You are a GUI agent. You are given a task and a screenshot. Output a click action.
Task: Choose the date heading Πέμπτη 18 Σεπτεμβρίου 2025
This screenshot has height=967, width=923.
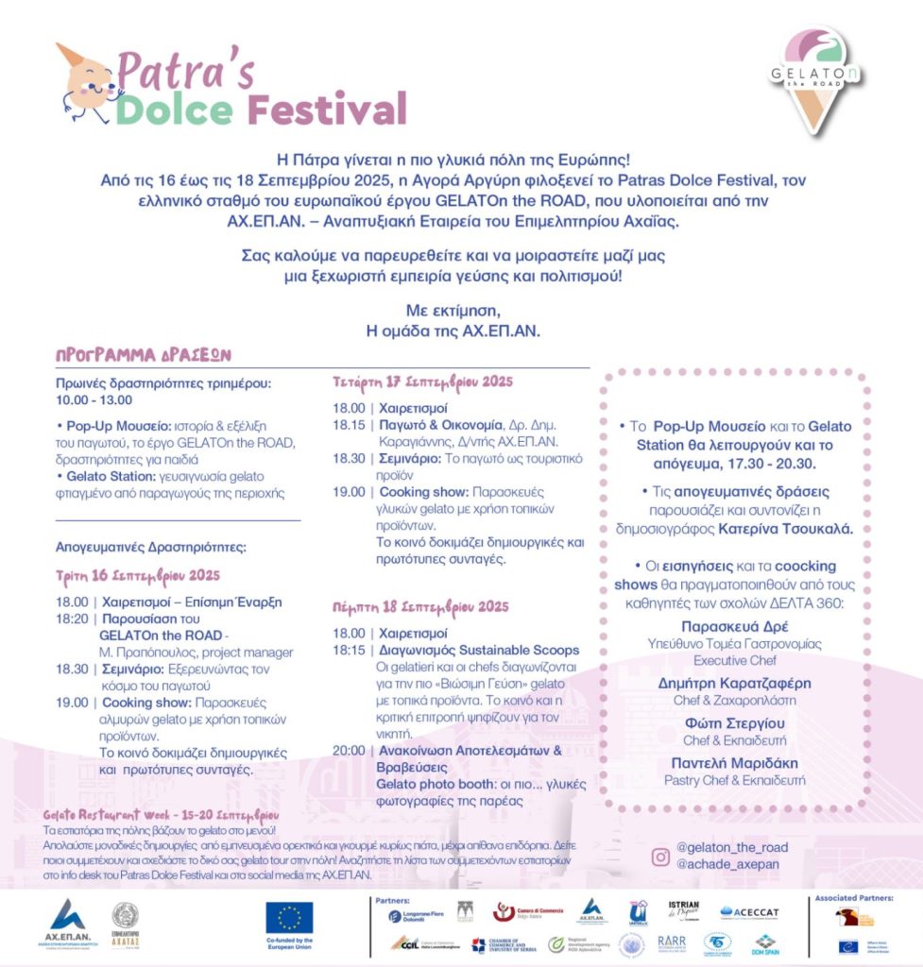point(420,606)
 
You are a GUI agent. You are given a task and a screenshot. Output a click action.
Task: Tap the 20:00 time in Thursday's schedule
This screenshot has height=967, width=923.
point(348,750)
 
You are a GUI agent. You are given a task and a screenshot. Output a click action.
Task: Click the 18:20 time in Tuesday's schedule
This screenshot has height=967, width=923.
point(72,619)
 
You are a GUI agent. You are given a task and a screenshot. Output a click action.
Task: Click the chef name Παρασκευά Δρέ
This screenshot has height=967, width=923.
point(734,626)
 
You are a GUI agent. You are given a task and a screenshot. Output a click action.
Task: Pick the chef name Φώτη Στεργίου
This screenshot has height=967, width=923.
point(734,722)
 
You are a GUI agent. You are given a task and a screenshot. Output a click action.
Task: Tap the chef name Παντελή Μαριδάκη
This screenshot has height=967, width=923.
point(734,762)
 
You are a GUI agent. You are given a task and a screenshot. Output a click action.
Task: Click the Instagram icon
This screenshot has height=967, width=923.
point(661,857)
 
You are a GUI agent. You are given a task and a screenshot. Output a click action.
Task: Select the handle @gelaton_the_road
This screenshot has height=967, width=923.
point(732,847)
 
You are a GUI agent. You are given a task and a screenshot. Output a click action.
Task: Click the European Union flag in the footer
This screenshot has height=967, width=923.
point(289,917)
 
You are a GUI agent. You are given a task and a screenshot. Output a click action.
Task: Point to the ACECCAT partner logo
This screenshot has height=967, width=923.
point(749,911)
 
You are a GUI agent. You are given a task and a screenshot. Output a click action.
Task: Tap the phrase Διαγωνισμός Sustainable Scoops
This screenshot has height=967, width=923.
point(479,651)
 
